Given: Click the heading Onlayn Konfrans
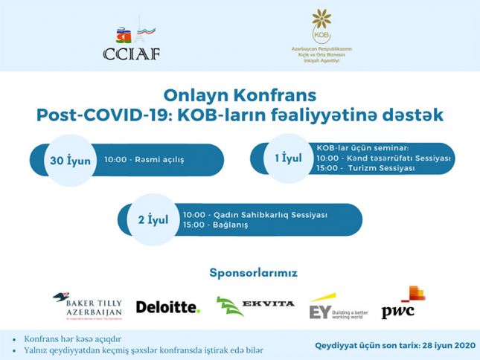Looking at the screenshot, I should [x=240, y=95].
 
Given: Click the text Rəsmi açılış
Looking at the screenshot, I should [x=158, y=159].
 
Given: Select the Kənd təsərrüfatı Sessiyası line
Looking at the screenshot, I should [x=384, y=159].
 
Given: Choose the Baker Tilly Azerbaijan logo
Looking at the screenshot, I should [x=87, y=306].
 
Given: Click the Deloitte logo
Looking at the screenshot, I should [x=168, y=306].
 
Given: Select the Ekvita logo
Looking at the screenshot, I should [x=255, y=306].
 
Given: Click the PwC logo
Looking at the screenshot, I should [x=403, y=303].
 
